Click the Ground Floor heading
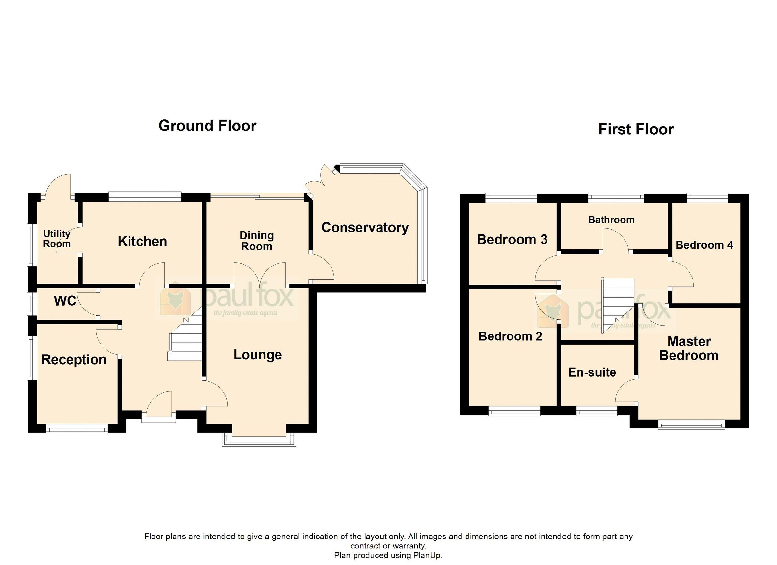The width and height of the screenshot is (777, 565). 207,126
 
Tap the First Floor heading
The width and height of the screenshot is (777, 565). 636,130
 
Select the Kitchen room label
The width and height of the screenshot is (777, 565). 142,242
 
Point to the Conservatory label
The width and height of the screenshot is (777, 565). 365,228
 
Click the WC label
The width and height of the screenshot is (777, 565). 65,301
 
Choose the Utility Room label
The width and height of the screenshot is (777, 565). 57,239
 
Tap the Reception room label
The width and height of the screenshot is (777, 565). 74,359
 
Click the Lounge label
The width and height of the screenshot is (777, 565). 258,355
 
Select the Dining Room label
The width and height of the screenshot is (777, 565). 257,241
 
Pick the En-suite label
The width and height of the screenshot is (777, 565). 592,372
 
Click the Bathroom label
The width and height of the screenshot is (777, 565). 611,220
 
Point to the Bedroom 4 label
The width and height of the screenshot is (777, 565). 704,245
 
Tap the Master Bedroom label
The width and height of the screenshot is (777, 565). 689,348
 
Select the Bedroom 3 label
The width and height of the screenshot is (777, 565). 512,240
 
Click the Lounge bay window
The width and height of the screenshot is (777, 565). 259,442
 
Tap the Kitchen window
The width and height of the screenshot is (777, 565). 145,196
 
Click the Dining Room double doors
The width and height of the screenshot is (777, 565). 260,274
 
